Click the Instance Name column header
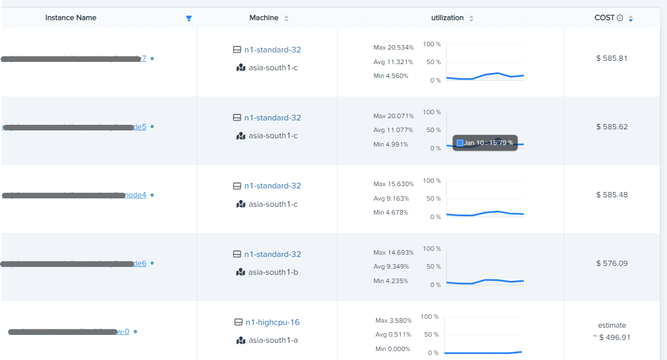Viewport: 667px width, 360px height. click(71, 18)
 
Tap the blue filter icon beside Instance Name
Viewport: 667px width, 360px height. click(189, 18)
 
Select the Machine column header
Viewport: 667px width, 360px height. click(264, 18)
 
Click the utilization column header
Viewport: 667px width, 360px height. click(447, 18)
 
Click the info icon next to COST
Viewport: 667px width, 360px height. click(620, 18)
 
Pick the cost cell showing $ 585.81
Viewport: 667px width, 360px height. click(612, 58)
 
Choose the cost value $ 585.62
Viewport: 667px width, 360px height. click(612, 127)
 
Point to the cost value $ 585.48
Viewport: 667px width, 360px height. click(612, 195)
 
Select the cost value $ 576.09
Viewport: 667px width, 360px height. click(612, 263)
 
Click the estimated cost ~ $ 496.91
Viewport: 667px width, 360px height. click(612, 337)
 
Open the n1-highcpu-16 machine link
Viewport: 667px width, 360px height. click(272, 322)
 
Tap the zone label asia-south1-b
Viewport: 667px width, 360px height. click(273, 272)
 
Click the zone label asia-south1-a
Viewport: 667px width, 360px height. click(273, 340)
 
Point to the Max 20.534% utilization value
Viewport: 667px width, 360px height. click(393, 48)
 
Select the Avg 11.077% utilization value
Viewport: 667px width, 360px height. click(393, 130)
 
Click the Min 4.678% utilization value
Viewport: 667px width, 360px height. click(391, 212)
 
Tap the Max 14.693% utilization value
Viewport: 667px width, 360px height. click(393, 252)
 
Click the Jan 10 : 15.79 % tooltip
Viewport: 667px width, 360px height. click(485, 143)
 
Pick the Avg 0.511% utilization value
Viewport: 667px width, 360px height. click(393, 334)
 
